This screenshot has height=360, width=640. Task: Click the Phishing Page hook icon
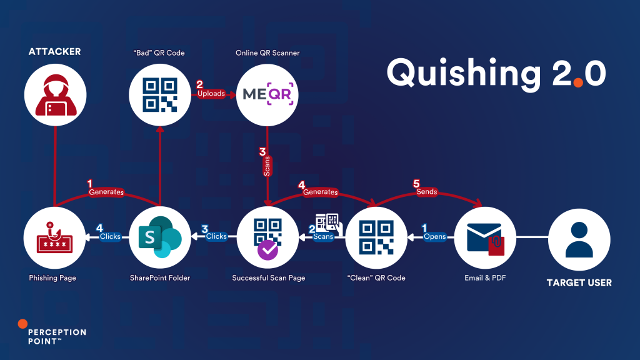pyautogui.click(x=54, y=238)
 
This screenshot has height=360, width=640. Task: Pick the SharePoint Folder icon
pyautogui.click(x=160, y=238)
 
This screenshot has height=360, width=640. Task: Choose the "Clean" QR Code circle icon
pyautogui.click(x=376, y=238)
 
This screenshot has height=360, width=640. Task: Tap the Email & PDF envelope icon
pyautogui.click(x=485, y=238)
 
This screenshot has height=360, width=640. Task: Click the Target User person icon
pyautogui.click(x=579, y=238)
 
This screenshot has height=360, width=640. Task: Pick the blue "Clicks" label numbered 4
pyautogui.click(x=111, y=237)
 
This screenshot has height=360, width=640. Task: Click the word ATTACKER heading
pyautogui.click(x=54, y=52)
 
